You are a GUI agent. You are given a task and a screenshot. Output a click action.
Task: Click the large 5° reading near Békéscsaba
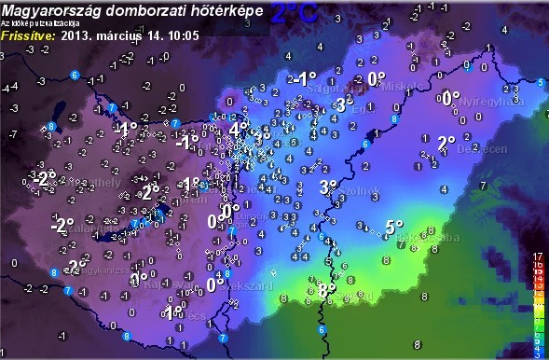(394, 227)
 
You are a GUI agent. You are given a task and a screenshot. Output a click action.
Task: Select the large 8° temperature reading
(326, 291)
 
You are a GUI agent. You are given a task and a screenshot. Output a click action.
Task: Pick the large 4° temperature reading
(238, 130)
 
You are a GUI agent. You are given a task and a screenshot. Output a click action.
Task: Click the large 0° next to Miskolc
(376, 79)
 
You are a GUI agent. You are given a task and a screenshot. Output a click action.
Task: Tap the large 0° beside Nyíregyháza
(451, 98)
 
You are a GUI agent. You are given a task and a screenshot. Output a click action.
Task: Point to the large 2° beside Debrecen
(446, 143)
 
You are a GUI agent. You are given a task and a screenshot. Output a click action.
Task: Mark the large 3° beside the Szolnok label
(328, 187)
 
